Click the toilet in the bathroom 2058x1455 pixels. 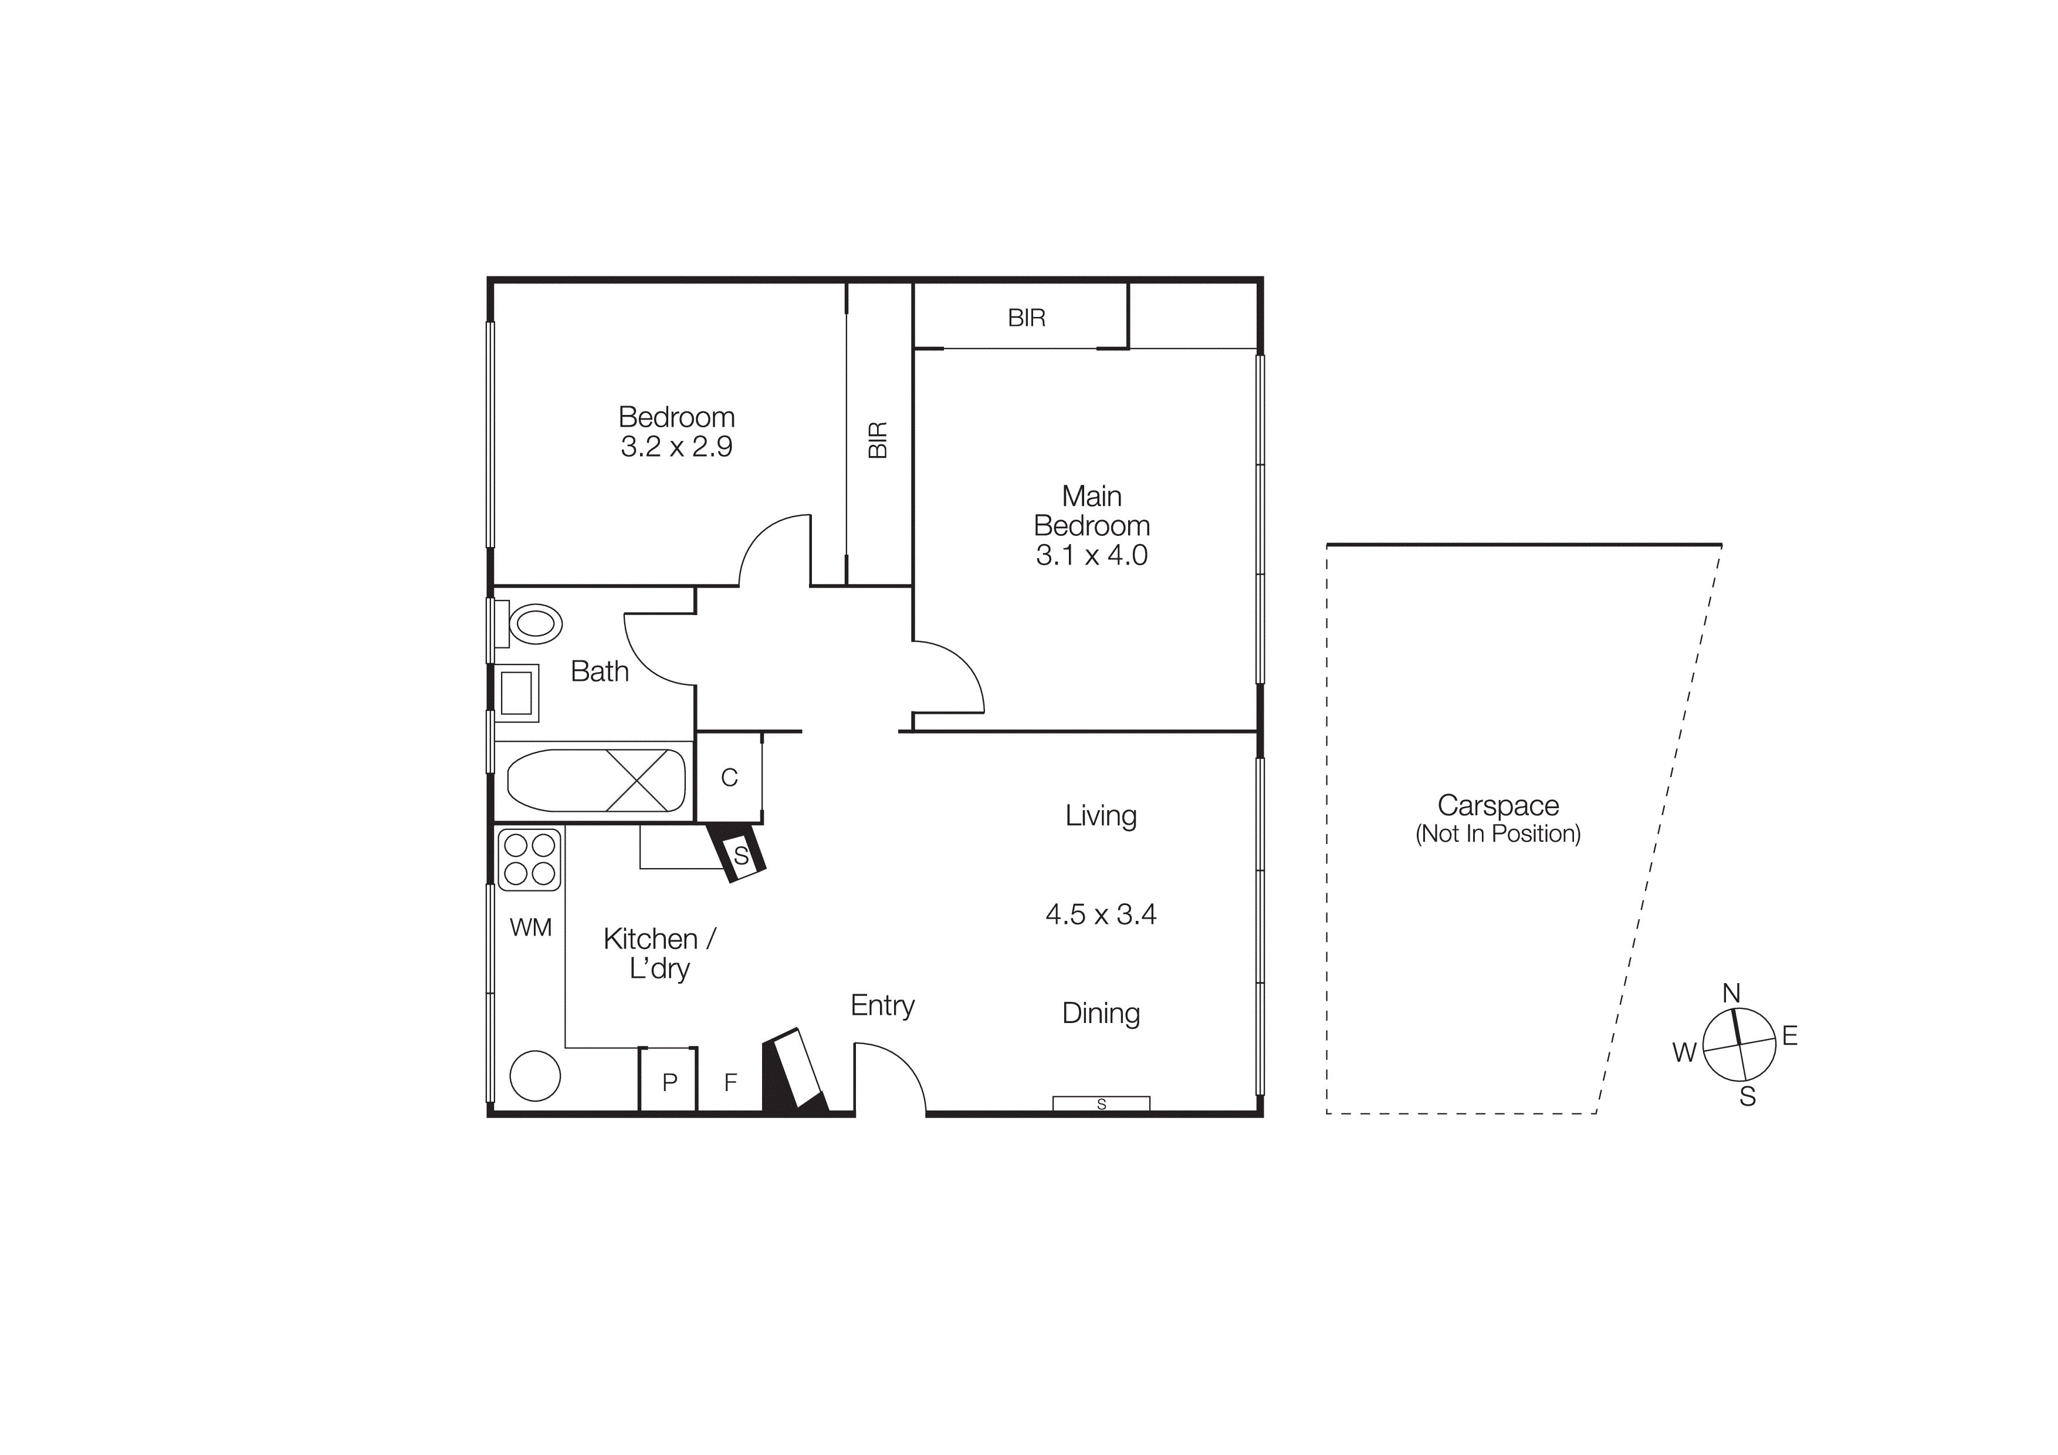pos(534,623)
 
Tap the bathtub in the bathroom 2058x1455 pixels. pos(596,780)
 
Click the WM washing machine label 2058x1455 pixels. pos(531,928)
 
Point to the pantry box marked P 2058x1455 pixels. pos(669,1082)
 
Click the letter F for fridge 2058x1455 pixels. pos(730,1082)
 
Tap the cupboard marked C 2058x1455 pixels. pos(729,777)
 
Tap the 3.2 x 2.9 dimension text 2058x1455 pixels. pos(677,447)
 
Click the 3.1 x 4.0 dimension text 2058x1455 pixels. pos(1092,556)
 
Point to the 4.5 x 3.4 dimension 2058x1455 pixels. pos(1101,914)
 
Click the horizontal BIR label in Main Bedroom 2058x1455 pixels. pos(1026,318)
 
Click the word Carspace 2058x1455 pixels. pos(1498,805)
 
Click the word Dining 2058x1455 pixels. pos(1101,1013)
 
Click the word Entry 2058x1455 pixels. pos(882,1006)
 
